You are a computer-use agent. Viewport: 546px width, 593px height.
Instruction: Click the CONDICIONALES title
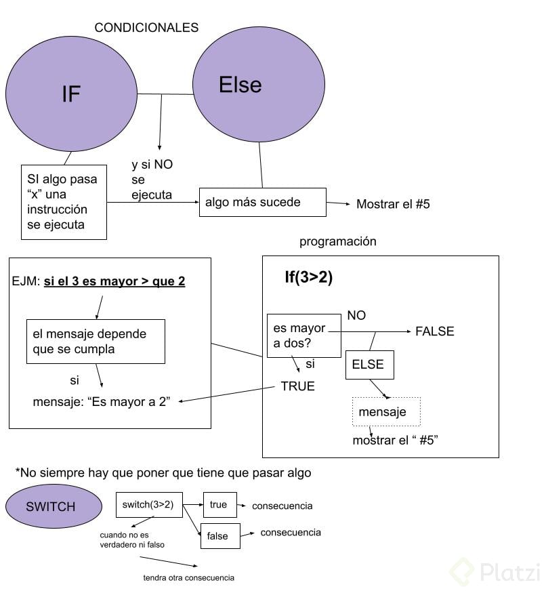point(146,28)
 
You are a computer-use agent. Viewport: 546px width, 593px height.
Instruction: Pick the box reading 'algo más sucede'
point(262,203)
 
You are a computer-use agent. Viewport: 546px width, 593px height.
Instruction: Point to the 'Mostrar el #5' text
point(393,204)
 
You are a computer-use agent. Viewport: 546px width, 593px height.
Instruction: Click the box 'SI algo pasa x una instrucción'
point(64,202)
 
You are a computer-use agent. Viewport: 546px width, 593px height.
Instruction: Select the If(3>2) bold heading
point(309,277)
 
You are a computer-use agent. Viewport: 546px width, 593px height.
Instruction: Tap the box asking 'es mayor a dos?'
point(303,335)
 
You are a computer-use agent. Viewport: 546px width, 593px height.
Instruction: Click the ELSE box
point(369,365)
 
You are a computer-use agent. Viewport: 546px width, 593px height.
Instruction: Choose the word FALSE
point(434,331)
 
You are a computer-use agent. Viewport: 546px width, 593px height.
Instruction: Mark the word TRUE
point(298,386)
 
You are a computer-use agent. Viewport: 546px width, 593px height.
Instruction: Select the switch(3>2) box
point(149,505)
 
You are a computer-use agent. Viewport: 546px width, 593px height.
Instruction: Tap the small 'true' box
point(219,505)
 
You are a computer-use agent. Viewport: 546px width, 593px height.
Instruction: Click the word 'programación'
point(337,241)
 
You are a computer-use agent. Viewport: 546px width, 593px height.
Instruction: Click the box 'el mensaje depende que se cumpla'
point(96,342)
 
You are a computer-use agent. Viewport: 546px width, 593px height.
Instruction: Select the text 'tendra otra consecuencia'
point(189,578)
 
